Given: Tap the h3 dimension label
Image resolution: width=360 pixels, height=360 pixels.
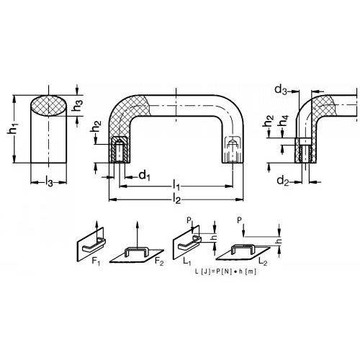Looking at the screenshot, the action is click(x=78, y=105).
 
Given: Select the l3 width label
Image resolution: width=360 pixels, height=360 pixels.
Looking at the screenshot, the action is click(x=49, y=181).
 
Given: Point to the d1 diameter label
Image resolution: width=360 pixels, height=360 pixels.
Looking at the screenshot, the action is click(x=145, y=176).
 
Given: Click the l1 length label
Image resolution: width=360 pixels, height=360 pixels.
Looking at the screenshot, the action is click(x=176, y=185).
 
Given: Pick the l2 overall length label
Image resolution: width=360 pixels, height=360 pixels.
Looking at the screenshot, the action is click(x=176, y=199).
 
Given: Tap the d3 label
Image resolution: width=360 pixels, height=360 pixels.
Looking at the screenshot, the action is click(x=281, y=90).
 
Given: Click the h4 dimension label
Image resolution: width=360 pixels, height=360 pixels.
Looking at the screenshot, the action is click(x=284, y=121).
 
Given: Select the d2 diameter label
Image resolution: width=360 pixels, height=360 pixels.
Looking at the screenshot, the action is click(x=283, y=181).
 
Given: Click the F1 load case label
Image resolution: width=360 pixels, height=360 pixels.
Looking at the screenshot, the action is click(x=96, y=261).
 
